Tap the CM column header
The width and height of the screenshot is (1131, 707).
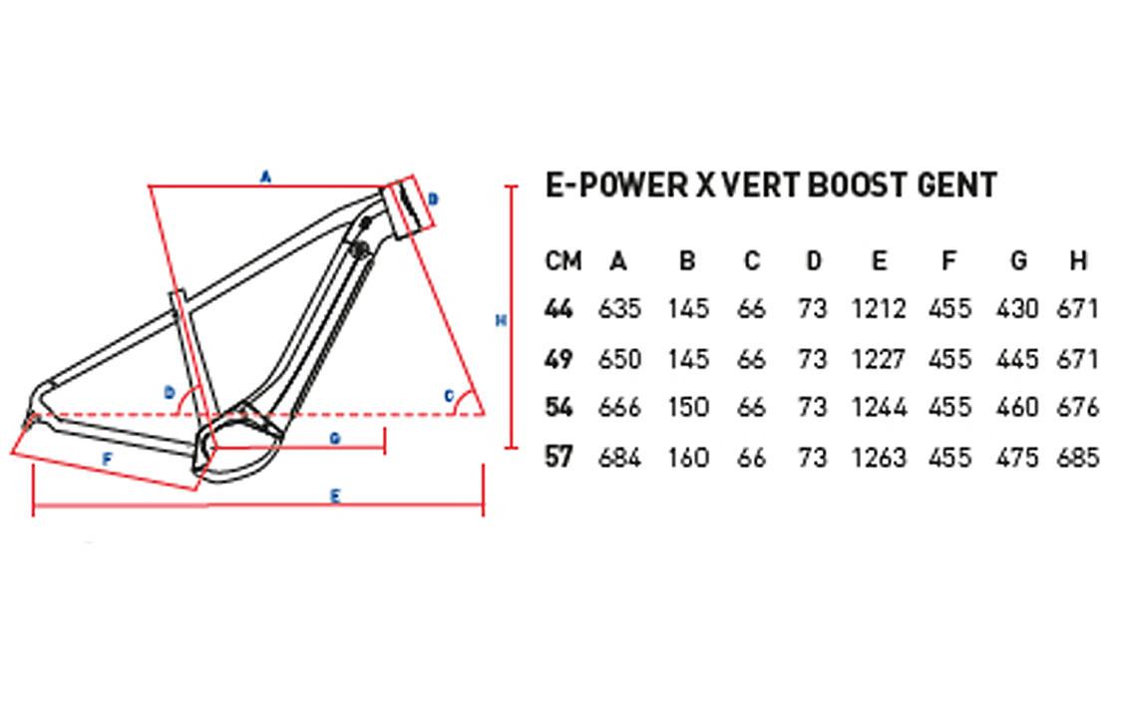point(564,261)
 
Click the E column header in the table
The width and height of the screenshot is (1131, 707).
point(879,261)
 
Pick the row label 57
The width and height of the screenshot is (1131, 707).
point(560,458)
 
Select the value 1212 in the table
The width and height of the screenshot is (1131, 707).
point(879,310)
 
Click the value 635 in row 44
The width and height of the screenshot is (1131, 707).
point(618,310)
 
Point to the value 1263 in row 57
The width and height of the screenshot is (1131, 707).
point(879,458)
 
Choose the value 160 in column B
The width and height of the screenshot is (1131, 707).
point(687,458)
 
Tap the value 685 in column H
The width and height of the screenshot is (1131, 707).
point(1077,458)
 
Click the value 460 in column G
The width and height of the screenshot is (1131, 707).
point(1017,408)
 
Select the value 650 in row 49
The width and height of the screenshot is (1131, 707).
point(618,359)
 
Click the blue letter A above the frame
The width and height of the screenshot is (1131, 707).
point(265,177)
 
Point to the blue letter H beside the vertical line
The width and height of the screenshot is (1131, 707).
point(502,321)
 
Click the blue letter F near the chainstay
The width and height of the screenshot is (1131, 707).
point(108,459)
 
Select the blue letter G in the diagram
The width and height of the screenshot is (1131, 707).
point(335,438)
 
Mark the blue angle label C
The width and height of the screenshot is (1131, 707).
point(450,397)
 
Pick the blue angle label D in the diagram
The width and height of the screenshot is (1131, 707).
point(169,392)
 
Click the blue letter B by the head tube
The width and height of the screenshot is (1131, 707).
point(433,199)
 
